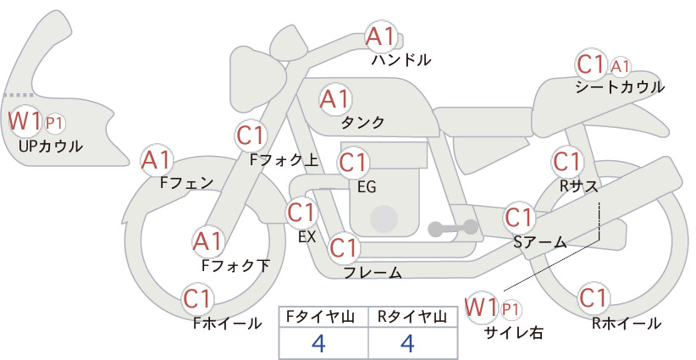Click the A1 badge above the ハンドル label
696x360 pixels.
381,36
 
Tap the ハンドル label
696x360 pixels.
401,59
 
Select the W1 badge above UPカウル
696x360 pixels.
25,121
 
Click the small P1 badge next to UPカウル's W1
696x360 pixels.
54,124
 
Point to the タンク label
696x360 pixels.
362,122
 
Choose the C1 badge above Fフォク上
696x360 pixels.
251,136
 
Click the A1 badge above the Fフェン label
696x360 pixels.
157,160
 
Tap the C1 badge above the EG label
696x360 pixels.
354,163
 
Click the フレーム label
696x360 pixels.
373,273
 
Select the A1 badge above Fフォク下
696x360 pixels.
207,241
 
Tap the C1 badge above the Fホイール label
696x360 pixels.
197,299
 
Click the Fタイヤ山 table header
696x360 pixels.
320,317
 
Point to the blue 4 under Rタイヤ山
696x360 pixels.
407,343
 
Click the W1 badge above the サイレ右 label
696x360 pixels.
481,307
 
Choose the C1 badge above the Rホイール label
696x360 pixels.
594,298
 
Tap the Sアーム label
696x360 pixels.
540,242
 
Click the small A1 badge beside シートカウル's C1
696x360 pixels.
620,67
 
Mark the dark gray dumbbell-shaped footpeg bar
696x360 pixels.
453,228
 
